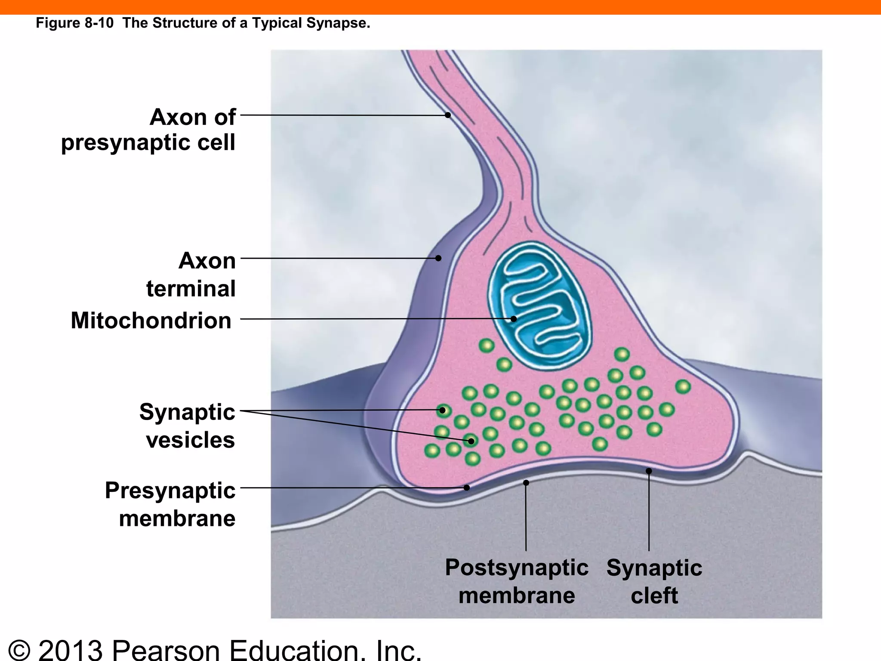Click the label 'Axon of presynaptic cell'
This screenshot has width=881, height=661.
pyautogui.click(x=149, y=130)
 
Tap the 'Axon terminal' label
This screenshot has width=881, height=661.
pyautogui.click(x=191, y=275)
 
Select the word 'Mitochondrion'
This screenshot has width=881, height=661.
pyautogui.click(x=151, y=321)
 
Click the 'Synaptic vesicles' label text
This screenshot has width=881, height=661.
pyautogui.click(x=187, y=426)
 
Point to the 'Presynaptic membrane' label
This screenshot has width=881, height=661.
pyautogui.click(x=170, y=504)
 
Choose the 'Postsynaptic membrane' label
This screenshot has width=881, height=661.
pyautogui.click(x=516, y=581)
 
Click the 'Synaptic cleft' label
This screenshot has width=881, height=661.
pyautogui.click(x=654, y=581)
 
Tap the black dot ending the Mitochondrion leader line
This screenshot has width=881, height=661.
pyautogui.click(x=513, y=319)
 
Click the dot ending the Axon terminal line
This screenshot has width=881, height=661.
pyautogui.click(x=438, y=258)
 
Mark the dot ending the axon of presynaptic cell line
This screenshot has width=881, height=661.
pyautogui.click(x=448, y=115)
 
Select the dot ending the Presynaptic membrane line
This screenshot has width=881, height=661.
pyautogui.click(x=467, y=488)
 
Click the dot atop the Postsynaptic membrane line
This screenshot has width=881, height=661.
pyautogui.click(x=526, y=483)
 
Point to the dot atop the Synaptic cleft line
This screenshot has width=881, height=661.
pyautogui.click(x=649, y=471)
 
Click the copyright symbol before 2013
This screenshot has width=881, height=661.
pyautogui.click(x=19, y=650)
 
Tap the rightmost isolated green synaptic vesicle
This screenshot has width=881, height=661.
pyautogui.click(x=683, y=386)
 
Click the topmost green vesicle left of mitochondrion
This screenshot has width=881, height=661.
pyautogui.click(x=487, y=346)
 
